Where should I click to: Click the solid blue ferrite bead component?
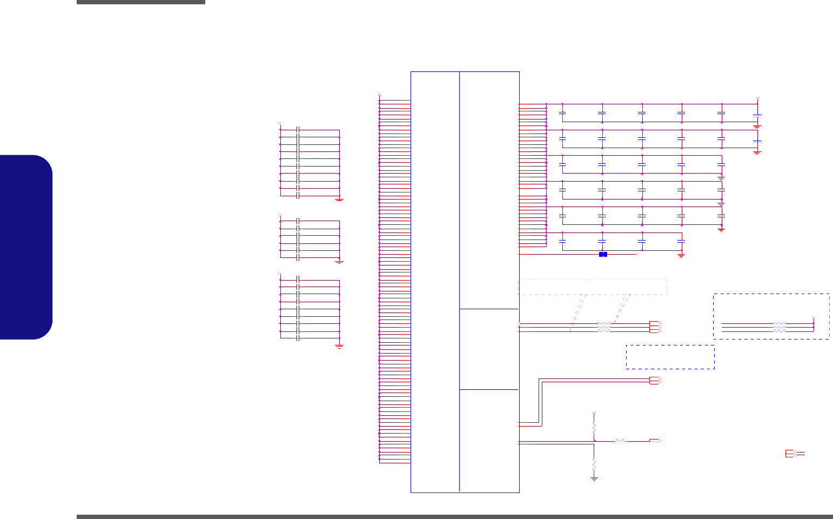603,254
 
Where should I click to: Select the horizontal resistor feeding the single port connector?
620,441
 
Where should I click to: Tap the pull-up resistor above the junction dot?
594,428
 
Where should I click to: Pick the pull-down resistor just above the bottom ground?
594,464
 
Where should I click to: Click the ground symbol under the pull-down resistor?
594,478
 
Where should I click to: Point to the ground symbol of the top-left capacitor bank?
339,199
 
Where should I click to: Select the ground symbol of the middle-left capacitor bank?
339,262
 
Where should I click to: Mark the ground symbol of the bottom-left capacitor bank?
339,346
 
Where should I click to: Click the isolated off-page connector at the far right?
790,454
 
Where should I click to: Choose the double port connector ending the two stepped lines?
654,380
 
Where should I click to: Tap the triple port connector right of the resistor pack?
654,327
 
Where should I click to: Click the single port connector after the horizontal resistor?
655,441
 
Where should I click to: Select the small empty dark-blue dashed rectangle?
670,357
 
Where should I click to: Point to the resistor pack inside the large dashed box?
779,327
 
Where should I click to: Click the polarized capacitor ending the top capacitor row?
757,115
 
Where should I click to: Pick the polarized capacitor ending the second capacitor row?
757,141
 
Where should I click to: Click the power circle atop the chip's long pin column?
379,95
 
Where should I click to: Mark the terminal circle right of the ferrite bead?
637,254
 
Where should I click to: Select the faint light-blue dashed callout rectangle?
593,287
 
